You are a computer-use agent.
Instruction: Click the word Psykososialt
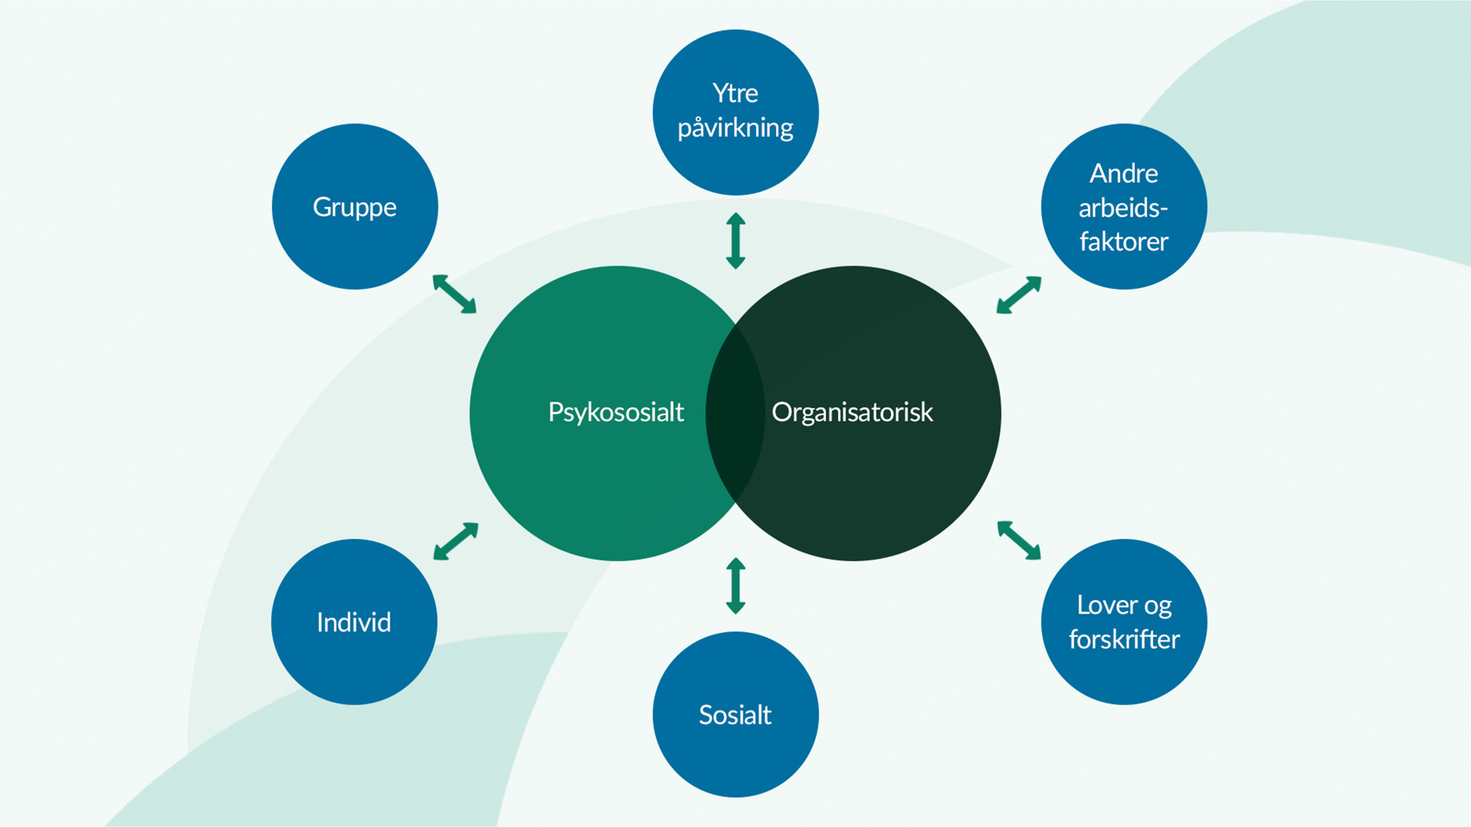coord(616,413)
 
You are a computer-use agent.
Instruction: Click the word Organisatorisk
coord(852,413)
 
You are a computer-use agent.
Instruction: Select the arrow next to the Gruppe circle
coord(454,294)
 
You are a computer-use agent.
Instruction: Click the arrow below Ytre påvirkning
coord(735,240)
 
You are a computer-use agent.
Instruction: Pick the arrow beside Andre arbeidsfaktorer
coord(1019,295)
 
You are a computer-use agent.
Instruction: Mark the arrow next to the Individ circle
coord(456,541)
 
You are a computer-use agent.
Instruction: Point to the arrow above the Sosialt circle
coord(735,586)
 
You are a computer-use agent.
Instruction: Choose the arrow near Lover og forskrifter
coord(1019,540)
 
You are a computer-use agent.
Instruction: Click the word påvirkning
coord(735,128)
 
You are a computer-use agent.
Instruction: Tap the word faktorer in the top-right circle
coord(1124,242)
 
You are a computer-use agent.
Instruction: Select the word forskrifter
coord(1124,639)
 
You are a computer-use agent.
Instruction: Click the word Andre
coord(1124,174)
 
